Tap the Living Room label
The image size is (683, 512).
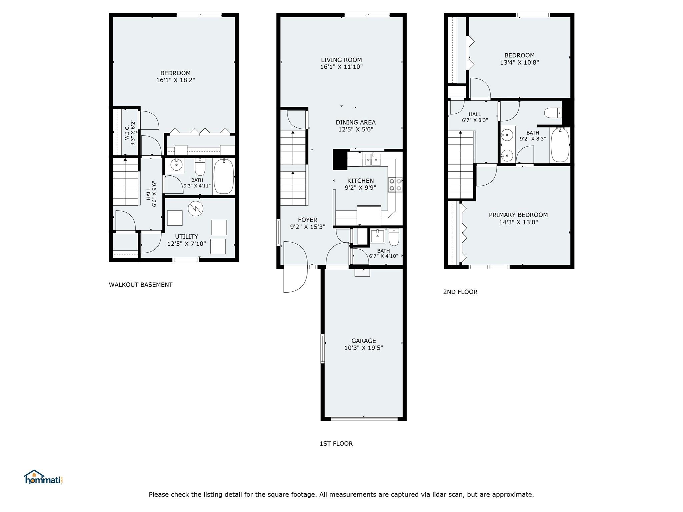pos(341,60)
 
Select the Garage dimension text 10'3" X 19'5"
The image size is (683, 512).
pos(364,348)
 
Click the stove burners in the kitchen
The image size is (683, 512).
pos(395,185)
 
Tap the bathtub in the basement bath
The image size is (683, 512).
pos(224,176)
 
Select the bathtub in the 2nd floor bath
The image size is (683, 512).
pos(560,145)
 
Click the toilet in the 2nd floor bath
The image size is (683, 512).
pos(553,113)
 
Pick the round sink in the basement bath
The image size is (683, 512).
pos(176,164)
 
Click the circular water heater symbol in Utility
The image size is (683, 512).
pos(195,209)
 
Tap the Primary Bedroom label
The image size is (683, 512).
pos(518,215)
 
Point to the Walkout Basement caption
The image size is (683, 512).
pos(141,285)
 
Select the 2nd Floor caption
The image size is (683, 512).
pos(460,292)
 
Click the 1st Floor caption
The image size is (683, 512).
pos(336,444)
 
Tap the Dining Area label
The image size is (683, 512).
pos(356,122)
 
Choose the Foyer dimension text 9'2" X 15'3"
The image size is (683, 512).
pos(307,227)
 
